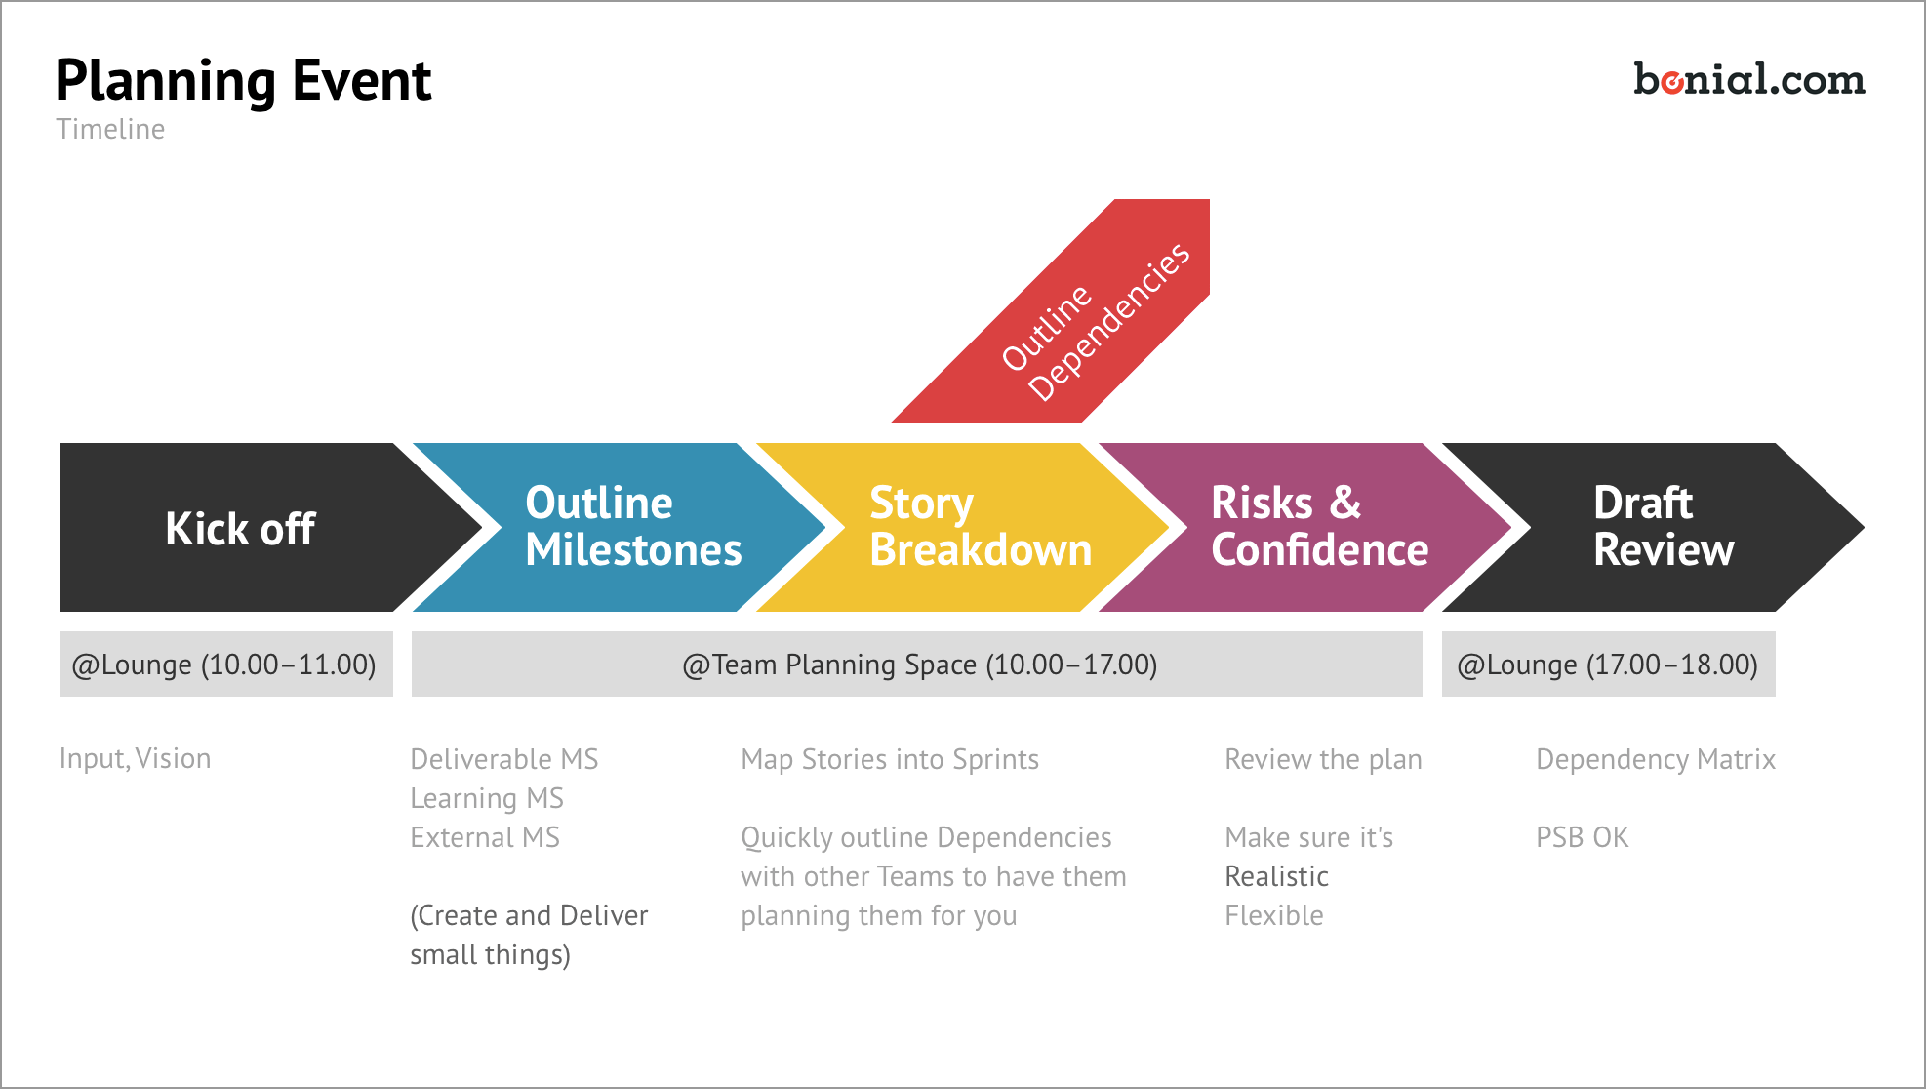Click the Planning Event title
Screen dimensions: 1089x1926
(243, 81)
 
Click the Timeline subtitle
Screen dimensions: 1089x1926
(110, 129)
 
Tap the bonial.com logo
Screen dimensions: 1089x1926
(1748, 80)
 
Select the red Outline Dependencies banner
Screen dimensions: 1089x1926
(1073, 312)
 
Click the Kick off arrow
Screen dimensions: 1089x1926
(240, 528)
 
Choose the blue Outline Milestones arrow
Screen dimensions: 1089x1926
(624, 528)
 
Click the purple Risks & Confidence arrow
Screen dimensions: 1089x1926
(1312, 528)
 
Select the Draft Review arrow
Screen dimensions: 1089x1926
(1659, 528)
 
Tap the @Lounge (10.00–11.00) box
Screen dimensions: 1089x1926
(225, 665)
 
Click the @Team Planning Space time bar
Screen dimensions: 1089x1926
(917, 665)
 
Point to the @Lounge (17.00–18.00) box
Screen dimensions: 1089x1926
(1608, 665)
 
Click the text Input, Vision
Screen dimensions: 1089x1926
(135, 758)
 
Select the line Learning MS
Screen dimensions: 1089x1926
(486, 798)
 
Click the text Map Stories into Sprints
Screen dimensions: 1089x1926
(889, 759)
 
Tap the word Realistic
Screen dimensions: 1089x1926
(1276, 876)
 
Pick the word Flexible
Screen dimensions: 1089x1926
(1273, 915)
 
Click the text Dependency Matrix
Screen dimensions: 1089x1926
(1655, 759)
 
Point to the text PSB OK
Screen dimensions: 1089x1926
(1582, 837)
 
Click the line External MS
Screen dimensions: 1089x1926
(484, 837)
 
